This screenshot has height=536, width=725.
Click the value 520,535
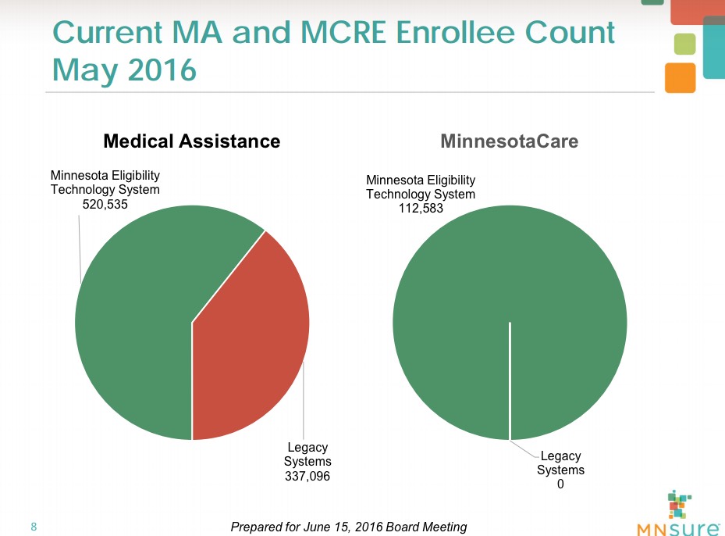[x=105, y=204]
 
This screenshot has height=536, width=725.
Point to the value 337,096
[x=307, y=476]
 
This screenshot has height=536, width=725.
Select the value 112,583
[x=421, y=209]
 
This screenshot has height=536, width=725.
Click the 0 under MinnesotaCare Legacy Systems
[x=560, y=484]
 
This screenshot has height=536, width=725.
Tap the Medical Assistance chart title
[x=191, y=141]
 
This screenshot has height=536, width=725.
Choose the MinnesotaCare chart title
[x=509, y=141]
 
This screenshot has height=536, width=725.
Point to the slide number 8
[x=34, y=526]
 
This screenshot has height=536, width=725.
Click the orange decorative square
[x=680, y=77]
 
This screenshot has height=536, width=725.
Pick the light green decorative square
[x=684, y=44]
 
